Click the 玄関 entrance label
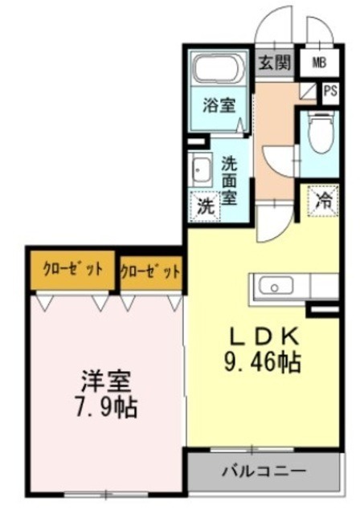coord(274,63)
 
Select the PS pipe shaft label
coord(329,91)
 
